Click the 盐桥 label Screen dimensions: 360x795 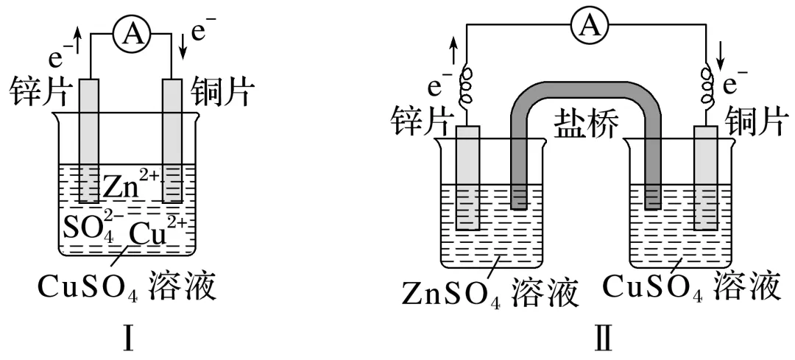[585, 121]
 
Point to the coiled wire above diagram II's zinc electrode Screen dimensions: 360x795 [466, 88]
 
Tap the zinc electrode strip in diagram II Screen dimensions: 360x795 [467, 177]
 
